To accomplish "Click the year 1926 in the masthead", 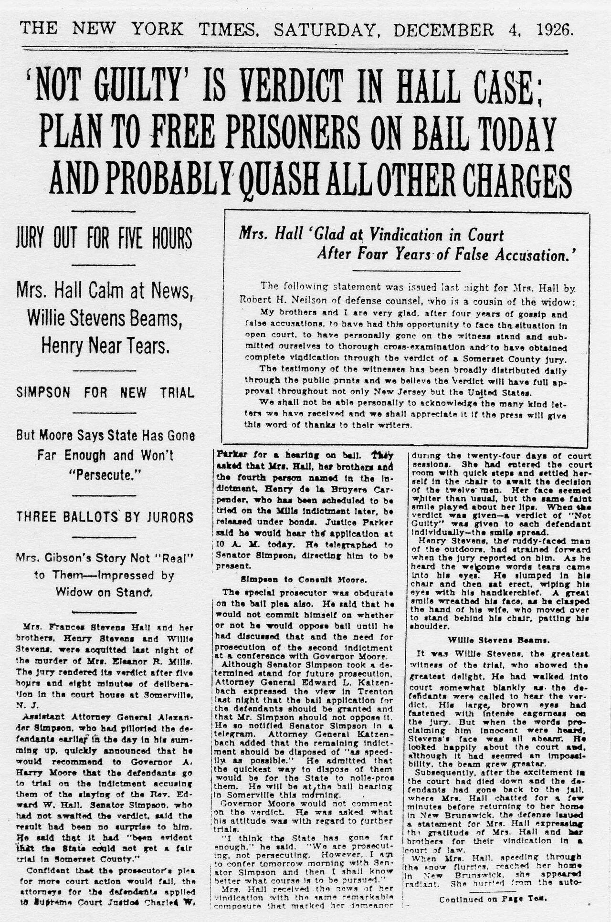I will tap(554, 30).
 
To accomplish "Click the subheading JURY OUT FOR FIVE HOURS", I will tap(104, 238).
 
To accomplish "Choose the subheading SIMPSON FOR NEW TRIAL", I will tap(105, 393).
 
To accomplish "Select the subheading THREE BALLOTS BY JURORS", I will tap(105, 517).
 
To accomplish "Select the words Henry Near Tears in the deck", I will tap(105, 345).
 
